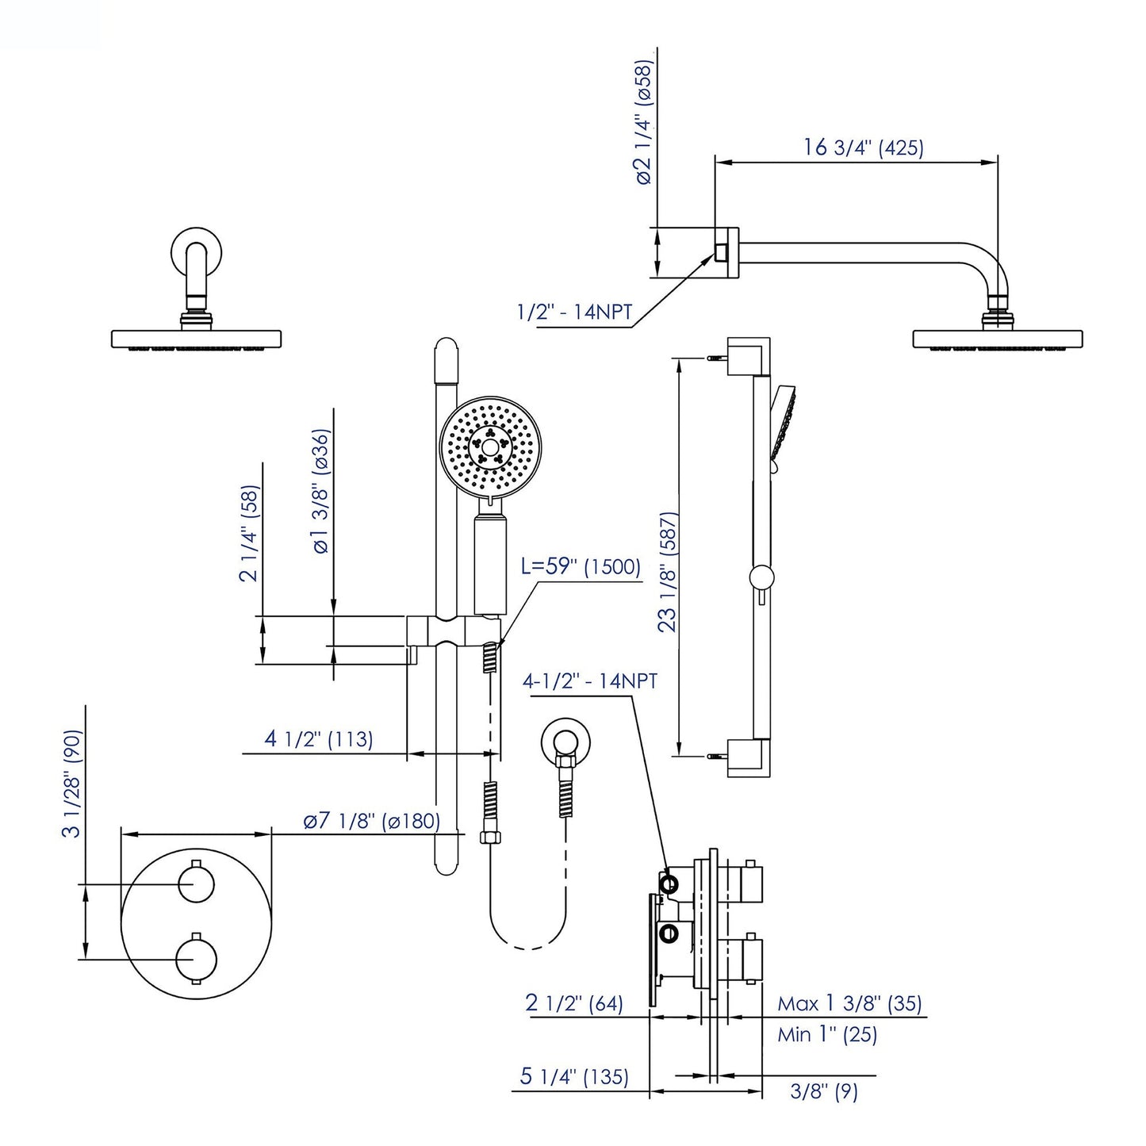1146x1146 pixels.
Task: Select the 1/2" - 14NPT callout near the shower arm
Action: (x=574, y=312)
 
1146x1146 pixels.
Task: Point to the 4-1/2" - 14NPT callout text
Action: (x=589, y=680)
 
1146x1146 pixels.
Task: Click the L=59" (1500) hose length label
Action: (x=581, y=566)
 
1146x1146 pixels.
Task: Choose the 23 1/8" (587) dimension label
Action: (x=669, y=571)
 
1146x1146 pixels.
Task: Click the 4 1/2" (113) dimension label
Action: (x=318, y=738)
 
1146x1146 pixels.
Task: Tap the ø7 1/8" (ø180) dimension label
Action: (x=371, y=821)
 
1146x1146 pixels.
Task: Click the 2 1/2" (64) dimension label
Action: (x=573, y=1002)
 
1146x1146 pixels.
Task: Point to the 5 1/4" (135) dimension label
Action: (x=574, y=1076)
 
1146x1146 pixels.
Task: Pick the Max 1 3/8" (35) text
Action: (x=849, y=1003)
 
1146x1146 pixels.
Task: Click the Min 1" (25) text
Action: (x=826, y=1034)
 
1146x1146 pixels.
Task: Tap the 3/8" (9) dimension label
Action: (x=824, y=1092)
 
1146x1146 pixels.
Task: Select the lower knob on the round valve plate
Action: (x=197, y=959)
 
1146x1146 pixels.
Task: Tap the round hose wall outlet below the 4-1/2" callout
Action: (x=565, y=742)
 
